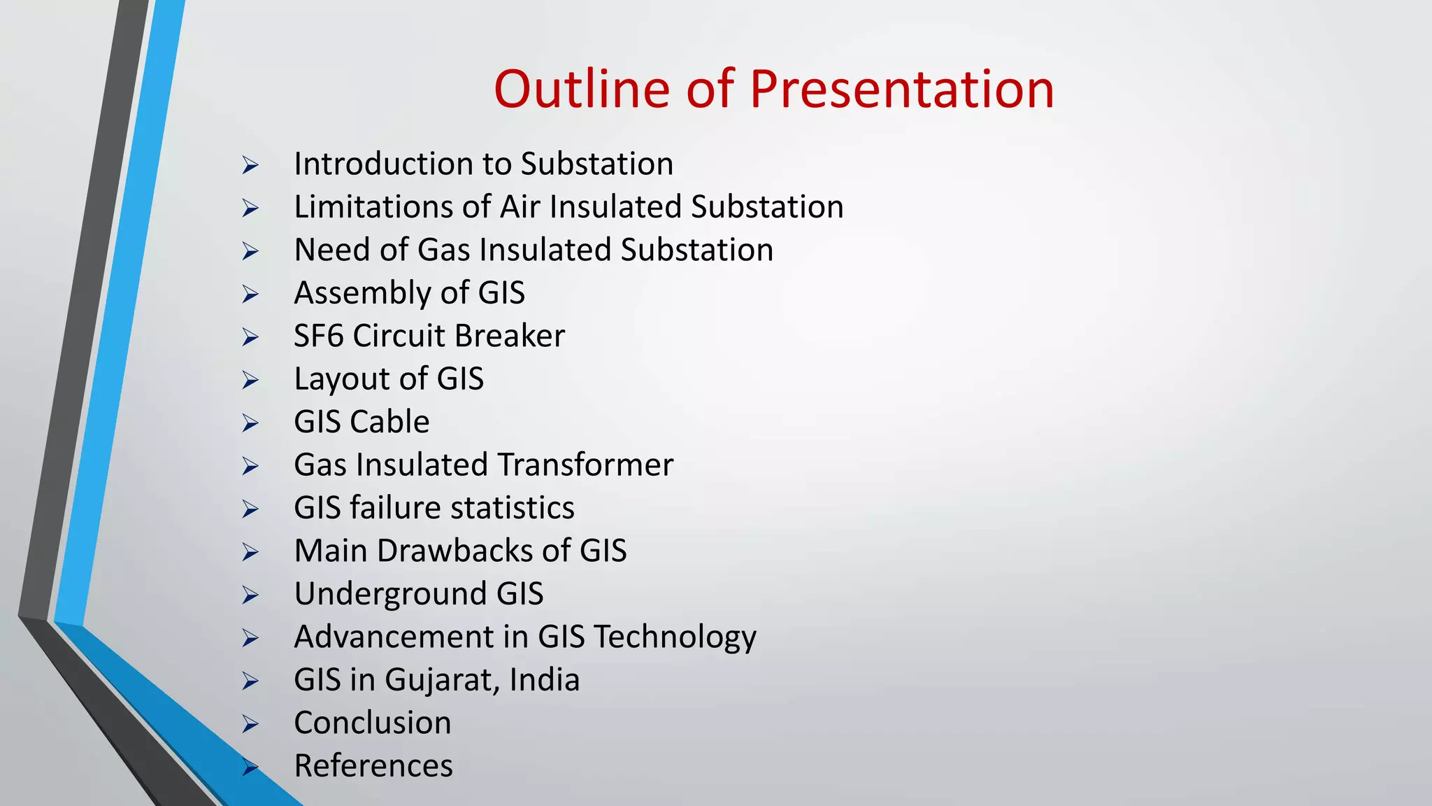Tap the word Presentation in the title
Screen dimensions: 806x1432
tap(901, 89)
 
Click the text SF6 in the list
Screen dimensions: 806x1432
tap(318, 336)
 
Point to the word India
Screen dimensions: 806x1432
tap(545, 680)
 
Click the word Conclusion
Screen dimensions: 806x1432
tap(373, 723)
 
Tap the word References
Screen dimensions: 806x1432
tap(373, 765)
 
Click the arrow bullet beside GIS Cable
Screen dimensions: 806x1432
tap(250, 423)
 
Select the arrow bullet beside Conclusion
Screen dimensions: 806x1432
tap(250, 724)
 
